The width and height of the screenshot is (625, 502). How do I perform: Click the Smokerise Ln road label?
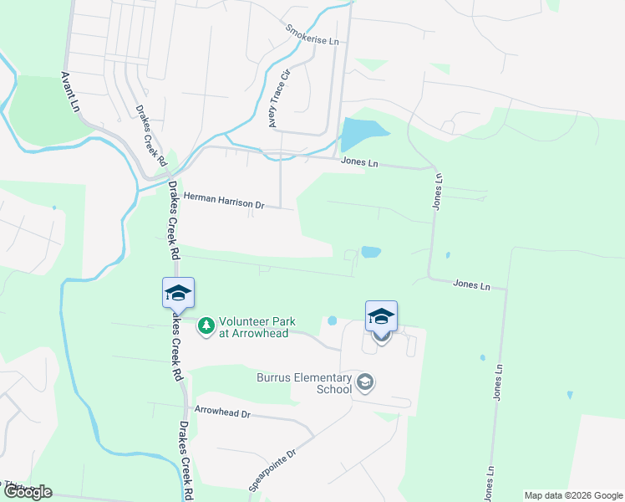(x=312, y=35)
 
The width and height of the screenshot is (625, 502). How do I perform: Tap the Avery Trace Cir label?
(x=278, y=100)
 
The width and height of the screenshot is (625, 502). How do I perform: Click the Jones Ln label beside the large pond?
(x=359, y=162)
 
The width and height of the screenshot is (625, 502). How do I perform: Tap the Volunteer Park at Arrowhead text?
(x=253, y=327)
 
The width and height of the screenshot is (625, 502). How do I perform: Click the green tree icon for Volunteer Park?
(x=206, y=324)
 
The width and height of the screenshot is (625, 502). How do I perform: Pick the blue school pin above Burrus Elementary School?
(x=381, y=317)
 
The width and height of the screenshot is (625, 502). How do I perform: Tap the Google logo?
(x=27, y=492)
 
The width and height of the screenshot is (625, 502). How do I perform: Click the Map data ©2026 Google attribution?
(x=572, y=495)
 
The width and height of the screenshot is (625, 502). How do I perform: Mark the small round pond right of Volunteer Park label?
(x=333, y=320)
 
